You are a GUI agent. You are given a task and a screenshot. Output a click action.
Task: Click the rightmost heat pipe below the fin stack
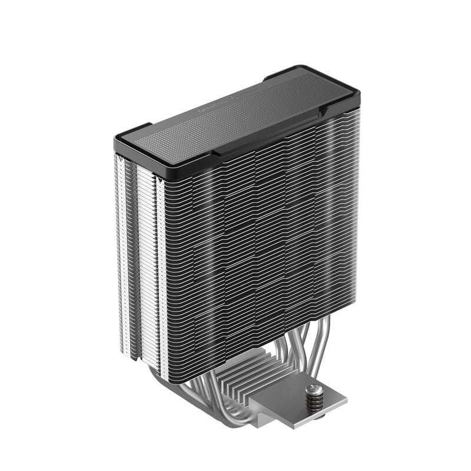click(x=321, y=347)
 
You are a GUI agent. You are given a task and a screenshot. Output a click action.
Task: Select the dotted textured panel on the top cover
click(x=235, y=115)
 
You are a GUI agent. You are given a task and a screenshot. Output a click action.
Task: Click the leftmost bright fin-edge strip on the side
click(x=121, y=247)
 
